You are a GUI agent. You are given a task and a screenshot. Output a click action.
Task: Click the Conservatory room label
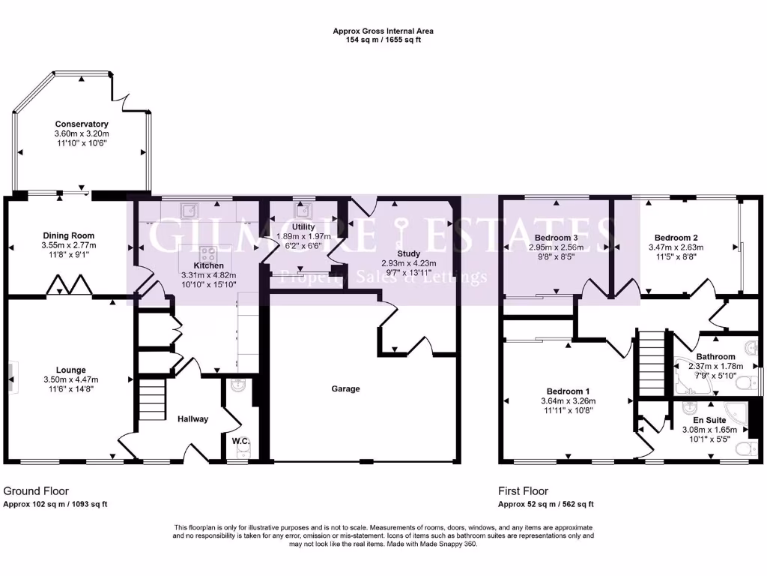[x=81, y=124]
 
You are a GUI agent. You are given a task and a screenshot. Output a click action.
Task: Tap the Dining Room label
[x=68, y=235]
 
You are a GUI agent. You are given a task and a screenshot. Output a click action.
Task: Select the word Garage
[x=346, y=388]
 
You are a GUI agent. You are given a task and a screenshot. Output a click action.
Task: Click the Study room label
[x=409, y=254]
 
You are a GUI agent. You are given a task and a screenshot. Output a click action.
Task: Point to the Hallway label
[x=193, y=418]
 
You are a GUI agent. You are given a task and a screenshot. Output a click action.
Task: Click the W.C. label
[x=240, y=440]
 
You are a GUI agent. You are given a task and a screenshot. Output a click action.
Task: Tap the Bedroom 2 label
[x=670, y=237]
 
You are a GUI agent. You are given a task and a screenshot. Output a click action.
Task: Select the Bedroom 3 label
[x=556, y=237]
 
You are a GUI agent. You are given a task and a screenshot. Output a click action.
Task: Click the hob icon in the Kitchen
[x=206, y=253]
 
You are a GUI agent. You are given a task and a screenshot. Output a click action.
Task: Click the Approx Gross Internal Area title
[x=383, y=31]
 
